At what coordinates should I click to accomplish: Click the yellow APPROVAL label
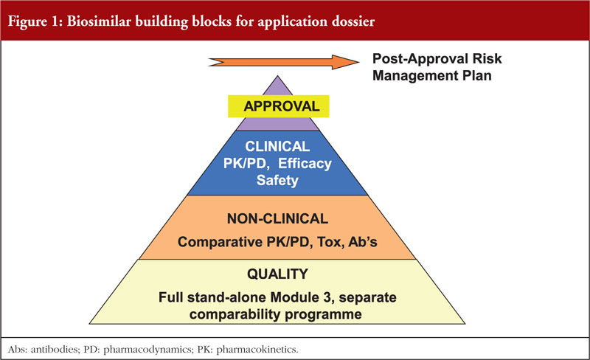[x=279, y=106]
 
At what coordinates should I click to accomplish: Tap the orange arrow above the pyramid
[x=284, y=62]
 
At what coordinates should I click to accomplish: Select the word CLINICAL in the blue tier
[x=277, y=147]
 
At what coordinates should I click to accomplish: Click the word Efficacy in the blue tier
[x=305, y=164]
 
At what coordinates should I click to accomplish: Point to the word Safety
[x=277, y=181]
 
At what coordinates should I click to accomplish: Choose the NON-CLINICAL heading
[x=277, y=219]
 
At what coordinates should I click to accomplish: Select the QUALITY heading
[x=277, y=274]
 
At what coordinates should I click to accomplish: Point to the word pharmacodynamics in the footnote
[x=147, y=350]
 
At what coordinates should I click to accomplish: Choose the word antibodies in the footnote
[x=55, y=350]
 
